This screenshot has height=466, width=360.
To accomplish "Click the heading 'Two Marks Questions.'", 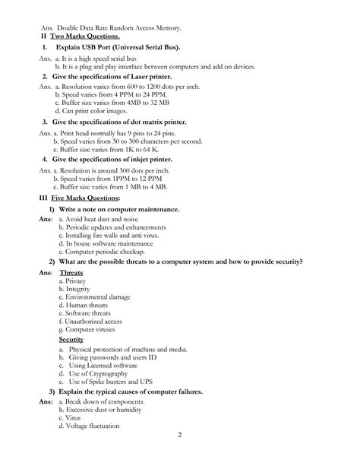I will (x=85, y=36).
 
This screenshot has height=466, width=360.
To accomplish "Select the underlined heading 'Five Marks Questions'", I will (x=85, y=198).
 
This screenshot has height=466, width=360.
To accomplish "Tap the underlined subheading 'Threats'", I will (x=71, y=271).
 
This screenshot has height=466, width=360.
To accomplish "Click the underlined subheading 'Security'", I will (x=71, y=339).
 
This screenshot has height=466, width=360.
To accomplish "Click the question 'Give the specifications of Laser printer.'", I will (x=112, y=77).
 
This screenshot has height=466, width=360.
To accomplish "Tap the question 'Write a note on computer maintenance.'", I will (x=119, y=209).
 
